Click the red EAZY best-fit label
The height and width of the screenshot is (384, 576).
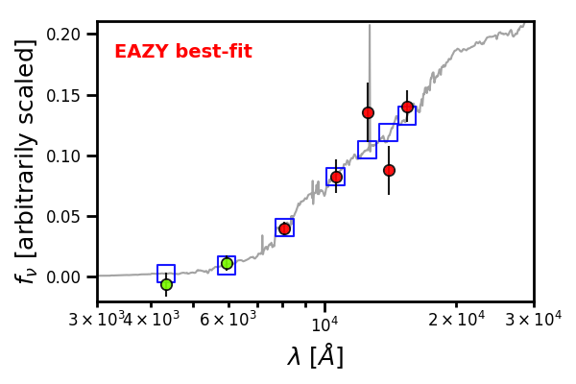click(x=183, y=51)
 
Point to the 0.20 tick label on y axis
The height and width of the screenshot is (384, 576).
click(x=63, y=35)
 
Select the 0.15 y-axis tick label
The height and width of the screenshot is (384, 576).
click(x=63, y=96)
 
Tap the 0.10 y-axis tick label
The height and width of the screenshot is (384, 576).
click(x=63, y=156)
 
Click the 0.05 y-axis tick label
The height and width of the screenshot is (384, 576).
click(x=63, y=216)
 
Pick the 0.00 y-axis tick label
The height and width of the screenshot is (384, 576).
click(x=63, y=277)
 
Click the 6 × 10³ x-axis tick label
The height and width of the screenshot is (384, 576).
click(x=228, y=319)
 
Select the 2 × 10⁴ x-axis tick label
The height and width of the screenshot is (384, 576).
click(x=457, y=319)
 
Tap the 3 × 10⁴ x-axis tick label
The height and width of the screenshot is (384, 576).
click(x=534, y=319)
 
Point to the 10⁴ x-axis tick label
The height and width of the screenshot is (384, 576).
click(x=324, y=324)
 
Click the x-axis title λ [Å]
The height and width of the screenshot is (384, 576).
click(x=315, y=356)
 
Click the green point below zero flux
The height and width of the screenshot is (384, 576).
click(x=166, y=284)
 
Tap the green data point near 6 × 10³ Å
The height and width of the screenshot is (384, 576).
click(x=227, y=263)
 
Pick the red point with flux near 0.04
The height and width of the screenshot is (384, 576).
click(x=285, y=228)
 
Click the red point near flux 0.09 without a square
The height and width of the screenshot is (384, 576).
click(x=389, y=170)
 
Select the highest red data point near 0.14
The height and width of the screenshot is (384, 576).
click(x=407, y=107)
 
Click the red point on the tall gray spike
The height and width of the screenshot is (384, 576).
click(x=368, y=112)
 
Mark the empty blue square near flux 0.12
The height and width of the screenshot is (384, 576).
click(x=388, y=132)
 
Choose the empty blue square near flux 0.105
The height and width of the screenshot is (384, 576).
click(x=367, y=150)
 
